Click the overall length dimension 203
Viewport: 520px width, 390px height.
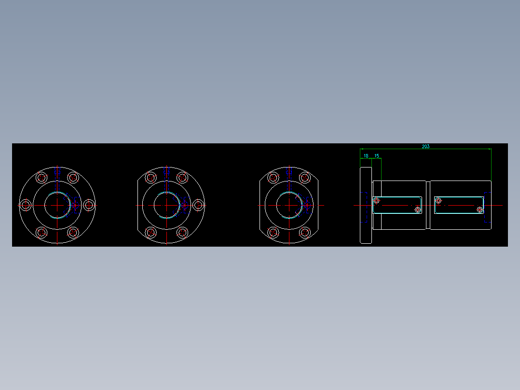click(x=425, y=146)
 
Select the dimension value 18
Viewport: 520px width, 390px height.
click(x=366, y=156)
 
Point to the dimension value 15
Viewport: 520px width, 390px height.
click(x=377, y=156)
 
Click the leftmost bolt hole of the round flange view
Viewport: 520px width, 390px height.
click(x=26, y=205)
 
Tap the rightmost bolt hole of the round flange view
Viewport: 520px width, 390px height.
click(x=89, y=205)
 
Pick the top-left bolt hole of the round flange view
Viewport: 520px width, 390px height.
click(x=41, y=178)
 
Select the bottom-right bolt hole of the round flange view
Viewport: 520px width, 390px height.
click(x=73, y=233)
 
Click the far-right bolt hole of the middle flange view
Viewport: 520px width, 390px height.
click(x=198, y=205)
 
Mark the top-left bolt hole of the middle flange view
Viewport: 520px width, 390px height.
click(x=151, y=178)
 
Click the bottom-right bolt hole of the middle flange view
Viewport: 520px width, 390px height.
click(x=182, y=233)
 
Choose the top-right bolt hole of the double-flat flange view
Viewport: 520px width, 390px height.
click(x=304, y=178)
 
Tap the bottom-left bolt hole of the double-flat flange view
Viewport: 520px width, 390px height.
click(x=273, y=233)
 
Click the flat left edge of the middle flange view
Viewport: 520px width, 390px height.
click(x=137, y=205)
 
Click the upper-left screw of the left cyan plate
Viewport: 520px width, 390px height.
click(x=377, y=200)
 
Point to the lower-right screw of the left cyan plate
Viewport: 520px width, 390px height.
click(x=418, y=209)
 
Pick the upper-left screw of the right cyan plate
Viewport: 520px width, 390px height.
click(x=438, y=200)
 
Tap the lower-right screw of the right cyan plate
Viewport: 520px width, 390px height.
click(x=479, y=209)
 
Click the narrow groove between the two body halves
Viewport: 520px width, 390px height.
click(x=428, y=205)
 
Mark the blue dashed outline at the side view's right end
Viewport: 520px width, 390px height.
click(x=487, y=208)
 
